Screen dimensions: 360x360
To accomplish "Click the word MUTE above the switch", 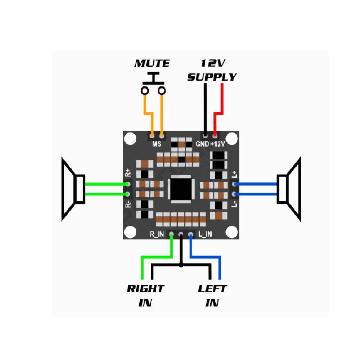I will [x=152, y=64].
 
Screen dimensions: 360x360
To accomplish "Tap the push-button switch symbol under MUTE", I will [x=153, y=84].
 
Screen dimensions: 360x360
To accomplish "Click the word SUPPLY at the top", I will [x=212, y=77].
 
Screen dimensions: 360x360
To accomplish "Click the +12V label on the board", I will [x=217, y=144].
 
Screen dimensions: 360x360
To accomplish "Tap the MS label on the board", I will [x=157, y=144].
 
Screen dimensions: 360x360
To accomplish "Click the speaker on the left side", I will [x=73, y=189].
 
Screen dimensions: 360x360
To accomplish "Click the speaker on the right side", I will [x=288, y=189].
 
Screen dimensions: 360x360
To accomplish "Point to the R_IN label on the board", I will [x=157, y=234].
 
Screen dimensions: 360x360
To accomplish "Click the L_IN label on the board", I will [x=205, y=234].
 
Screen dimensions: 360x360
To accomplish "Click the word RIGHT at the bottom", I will [x=145, y=289].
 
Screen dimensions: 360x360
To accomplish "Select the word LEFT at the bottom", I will [x=212, y=289].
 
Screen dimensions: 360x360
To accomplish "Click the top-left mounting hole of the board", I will [x=130, y=139].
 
